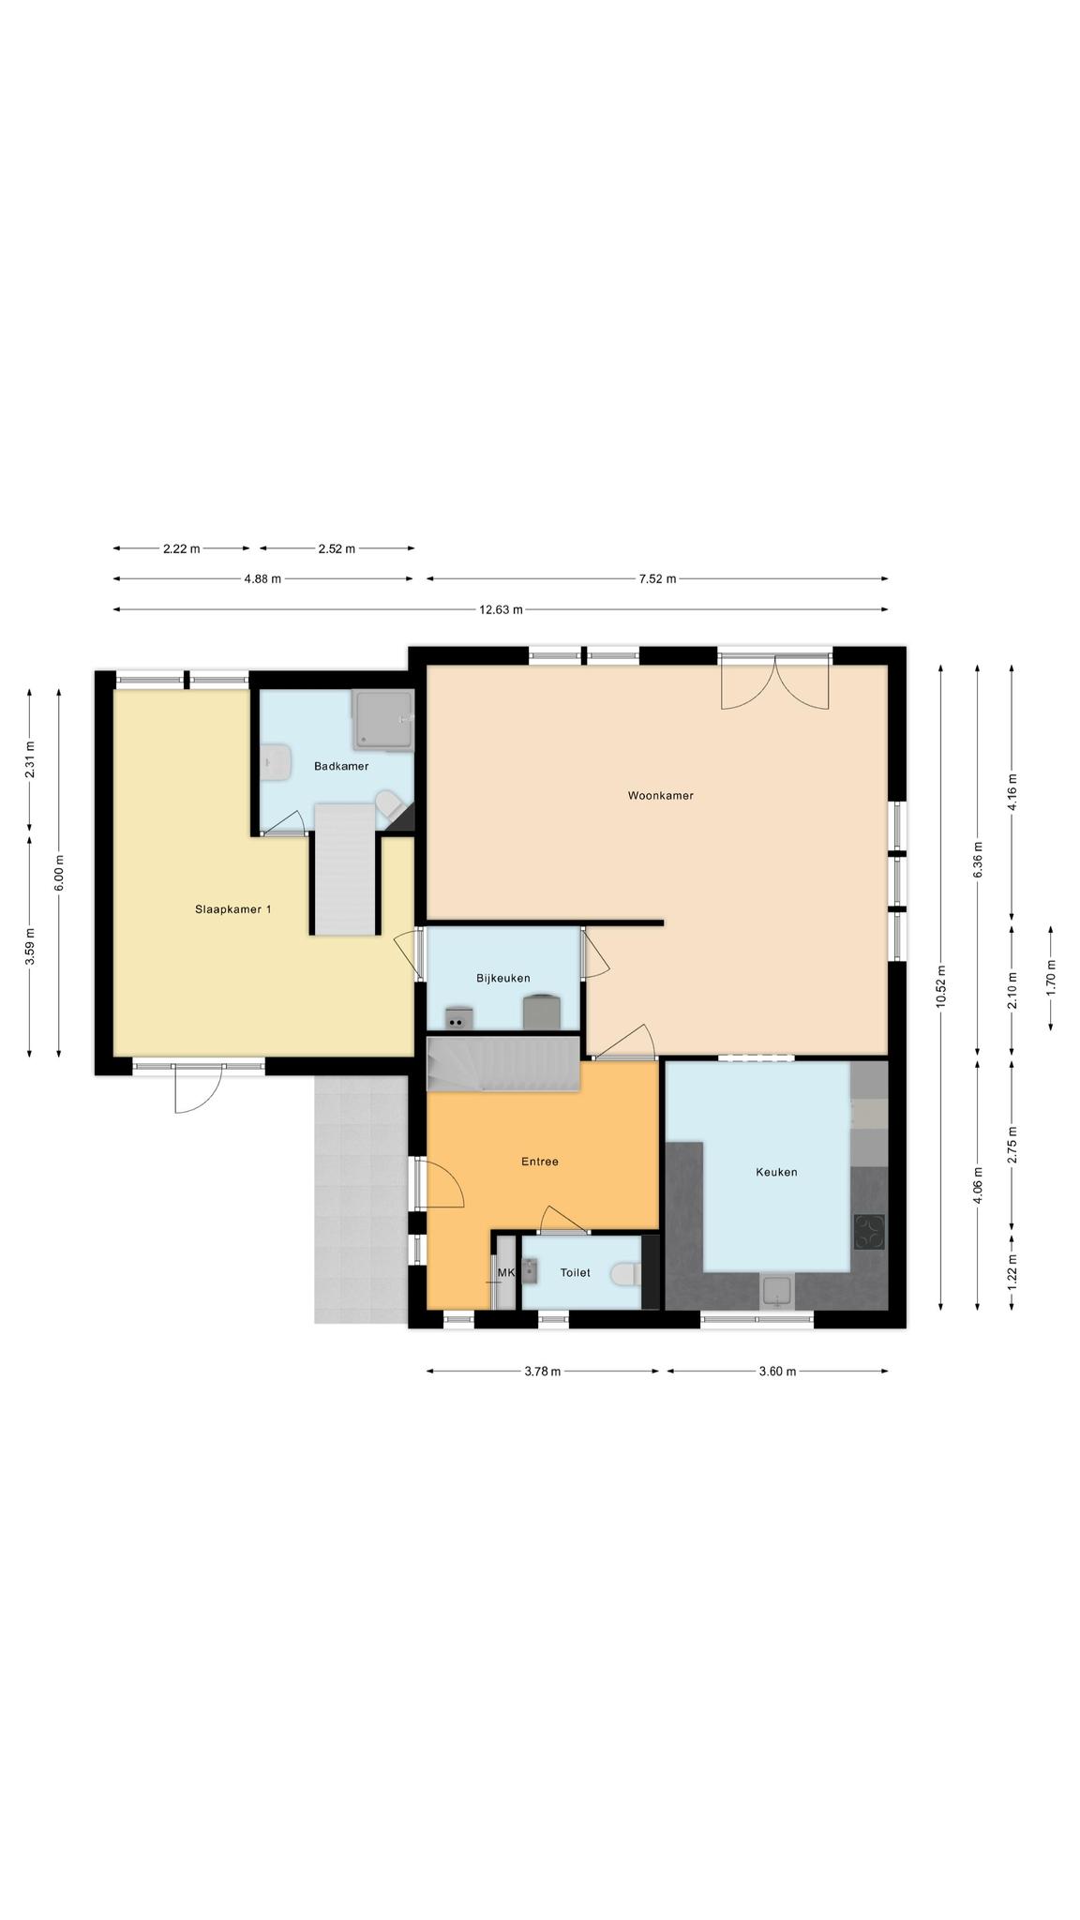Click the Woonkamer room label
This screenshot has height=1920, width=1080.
pyautogui.click(x=660, y=796)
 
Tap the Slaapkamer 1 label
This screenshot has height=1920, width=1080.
pyautogui.click(x=233, y=909)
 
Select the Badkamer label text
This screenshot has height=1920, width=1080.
pyautogui.click(x=341, y=766)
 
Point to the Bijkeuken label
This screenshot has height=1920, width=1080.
pyautogui.click(x=503, y=978)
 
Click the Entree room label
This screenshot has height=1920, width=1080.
pyautogui.click(x=540, y=1162)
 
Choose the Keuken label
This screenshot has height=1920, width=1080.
pyautogui.click(x=777, y=1172)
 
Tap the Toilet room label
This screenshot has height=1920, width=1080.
pyautogui.click(x=576, y=1272)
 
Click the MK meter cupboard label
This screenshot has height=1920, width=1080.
pyautogui.click(x=506, y=1272)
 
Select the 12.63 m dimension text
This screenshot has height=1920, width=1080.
pyautogui.click(x=501, y=609)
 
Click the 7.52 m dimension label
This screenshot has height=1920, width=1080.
pyautogui.click(x=657, y=578)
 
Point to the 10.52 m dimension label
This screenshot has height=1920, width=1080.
pyautogui.click(x=940, y=987)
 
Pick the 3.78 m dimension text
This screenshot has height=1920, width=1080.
pyautogui.click(x=542, y=1372)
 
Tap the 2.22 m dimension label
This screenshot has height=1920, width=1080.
pyautogui.click(x=181, y=548)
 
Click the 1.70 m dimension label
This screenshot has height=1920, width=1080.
pyautogui.click(x=1050, y=978)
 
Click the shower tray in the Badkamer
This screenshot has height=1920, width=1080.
pyautogui.click(x=382, y=720)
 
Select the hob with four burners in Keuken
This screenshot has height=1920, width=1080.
pyautogui.click(x=869, y=1232)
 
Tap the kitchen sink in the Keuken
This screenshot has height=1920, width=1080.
pyautogui.click(x=777, y=1291)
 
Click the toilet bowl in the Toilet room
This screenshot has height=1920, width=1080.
pyautogui.click(x=622, y=1274)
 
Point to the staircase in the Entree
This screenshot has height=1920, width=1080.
pyautogui.click(x=503, y=1063)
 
